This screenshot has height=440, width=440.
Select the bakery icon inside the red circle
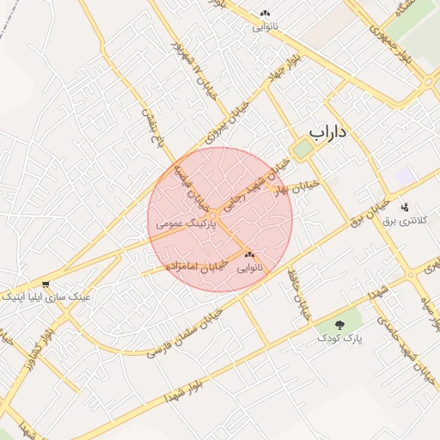250,255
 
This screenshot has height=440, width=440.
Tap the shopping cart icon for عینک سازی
45,284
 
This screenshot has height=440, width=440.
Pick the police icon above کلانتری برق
405,206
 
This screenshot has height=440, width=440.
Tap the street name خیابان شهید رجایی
249,196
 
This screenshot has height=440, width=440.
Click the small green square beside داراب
302,150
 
